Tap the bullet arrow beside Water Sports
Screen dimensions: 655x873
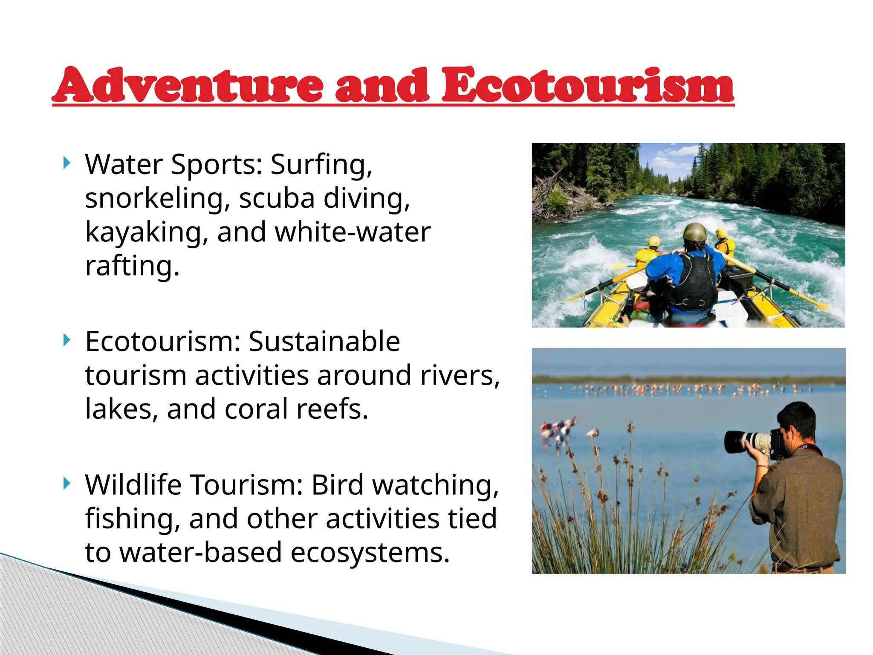[x=66, y=162]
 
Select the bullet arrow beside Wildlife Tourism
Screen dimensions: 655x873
[x=66, y=484]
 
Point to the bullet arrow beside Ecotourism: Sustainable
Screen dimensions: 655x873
[x=66, y=340]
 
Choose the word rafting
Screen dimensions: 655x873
[x=132, y=266]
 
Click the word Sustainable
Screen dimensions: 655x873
[x=324, y=342]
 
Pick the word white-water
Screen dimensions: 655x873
[x=353, y=232]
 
